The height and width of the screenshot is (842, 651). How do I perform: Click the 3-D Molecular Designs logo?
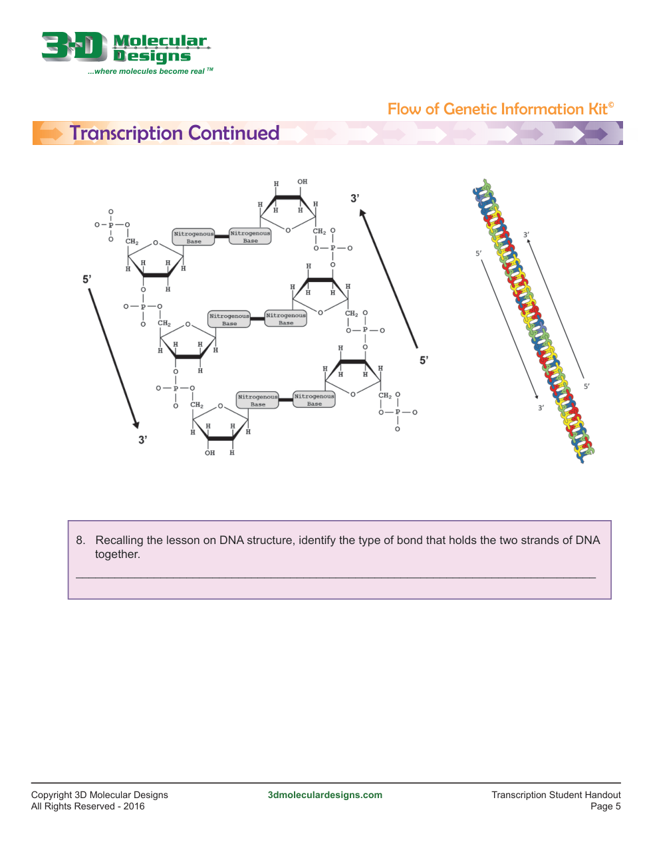pyautogui.click(x=126, y=53)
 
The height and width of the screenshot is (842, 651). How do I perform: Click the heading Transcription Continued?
pyautogui.click(x=174, y=132)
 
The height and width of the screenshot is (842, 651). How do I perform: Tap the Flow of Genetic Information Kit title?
pyautogui.click(x=500, y=109)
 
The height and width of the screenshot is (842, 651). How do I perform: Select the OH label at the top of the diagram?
pyautogui.click(x=302, y=182)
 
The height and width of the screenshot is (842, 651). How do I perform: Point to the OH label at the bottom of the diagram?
pyautogui.click(x=209, y=452)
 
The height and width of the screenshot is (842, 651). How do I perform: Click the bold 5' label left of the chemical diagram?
pyautogui.click(x=86, y=279)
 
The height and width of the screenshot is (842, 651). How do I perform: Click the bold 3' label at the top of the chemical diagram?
pyautogui.click(x=354, y=198)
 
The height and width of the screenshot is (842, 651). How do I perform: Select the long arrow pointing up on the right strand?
pyautogui.click(x=388, y=278)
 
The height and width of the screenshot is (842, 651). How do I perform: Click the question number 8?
pyautogui.click(x=80, y=540)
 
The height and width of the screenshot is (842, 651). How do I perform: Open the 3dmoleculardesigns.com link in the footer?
pyautogui.click(x=325, y=795)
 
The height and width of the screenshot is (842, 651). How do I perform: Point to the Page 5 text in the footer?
pyautogui.click(x=605, y=806)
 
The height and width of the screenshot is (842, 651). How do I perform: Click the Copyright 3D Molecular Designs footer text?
pyautogui.click(x=100, y=795)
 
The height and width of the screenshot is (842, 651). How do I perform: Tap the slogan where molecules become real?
pyautogui.click(x=150, y=71)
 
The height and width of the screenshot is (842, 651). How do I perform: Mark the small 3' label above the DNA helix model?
pyautogui.click(x=526, y=234)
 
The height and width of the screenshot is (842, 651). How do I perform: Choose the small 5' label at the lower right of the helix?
pyautogui.click(x=586, y=386)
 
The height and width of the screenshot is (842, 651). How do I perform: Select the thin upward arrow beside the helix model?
pyautogui.click(x=555, y=308)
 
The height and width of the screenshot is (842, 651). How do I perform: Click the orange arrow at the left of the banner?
pyautogui.click(x=51, y=134)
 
